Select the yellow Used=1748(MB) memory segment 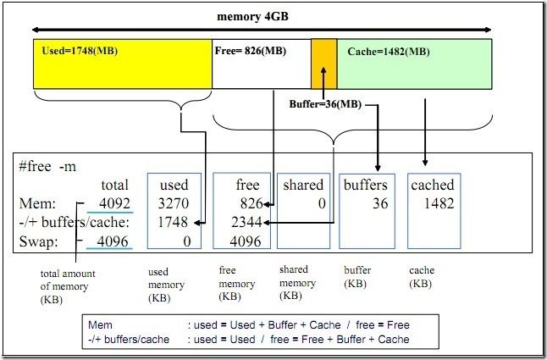point(122,63)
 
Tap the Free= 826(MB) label point(251,51)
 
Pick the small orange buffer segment point(323,63)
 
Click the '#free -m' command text point(47,166)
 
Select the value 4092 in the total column point(113,203)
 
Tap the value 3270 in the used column point(174,203)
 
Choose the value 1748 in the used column point(174,222)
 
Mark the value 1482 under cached point(438,203)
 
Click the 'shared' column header point(303,185)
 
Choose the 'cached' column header point(432,185)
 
